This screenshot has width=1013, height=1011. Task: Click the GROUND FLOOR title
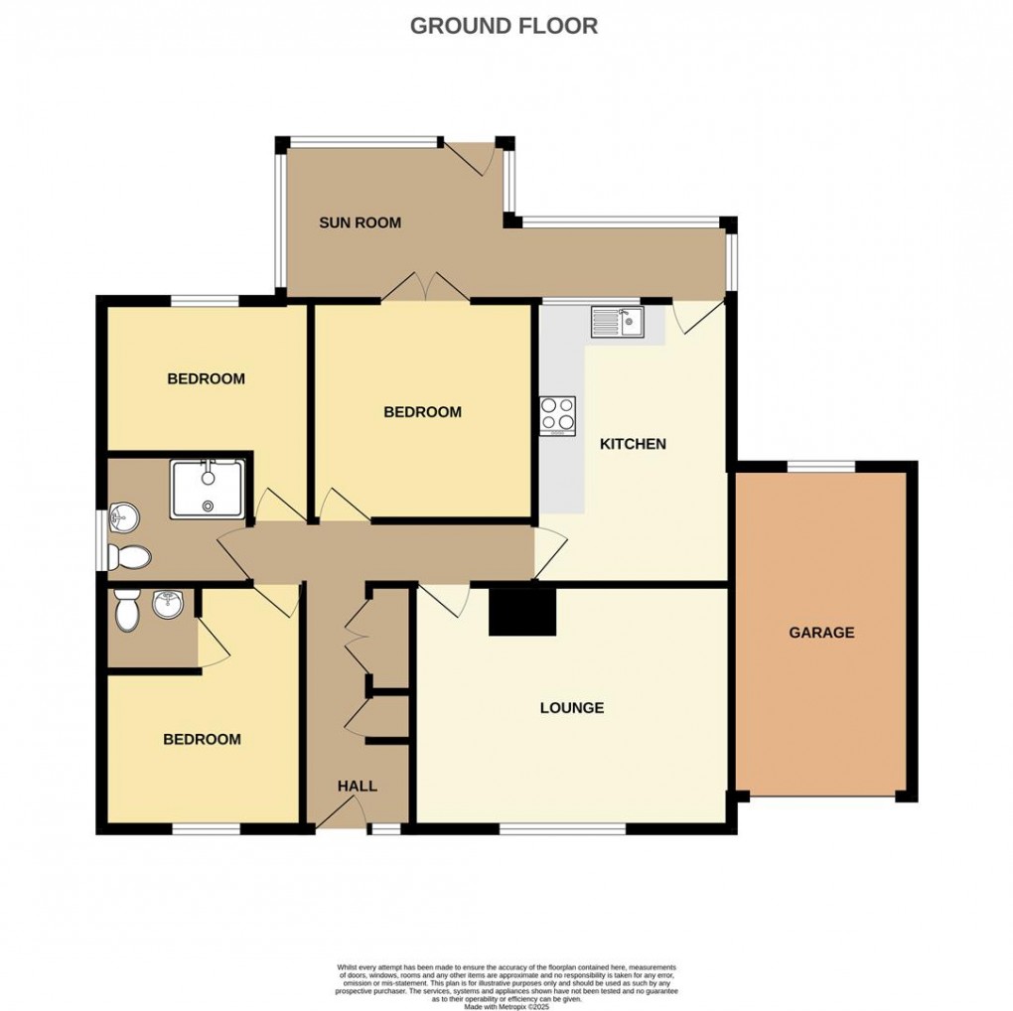point(504,26)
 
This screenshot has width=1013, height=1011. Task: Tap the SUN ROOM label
point(360,222)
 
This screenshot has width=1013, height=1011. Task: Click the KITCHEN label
point(633,444)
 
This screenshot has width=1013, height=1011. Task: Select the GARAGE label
point(821,632)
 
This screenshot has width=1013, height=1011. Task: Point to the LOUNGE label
point(572,708)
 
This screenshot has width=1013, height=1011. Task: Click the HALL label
point(358,786)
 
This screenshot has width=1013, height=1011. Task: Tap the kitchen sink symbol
point(618,321)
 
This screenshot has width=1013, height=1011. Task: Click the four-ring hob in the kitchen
point(558,415)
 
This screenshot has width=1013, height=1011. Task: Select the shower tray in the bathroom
point(208,489)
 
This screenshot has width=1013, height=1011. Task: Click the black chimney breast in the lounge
point(522,611)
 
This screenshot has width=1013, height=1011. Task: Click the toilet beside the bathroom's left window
point(130,557)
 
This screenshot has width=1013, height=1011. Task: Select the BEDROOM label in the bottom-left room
point(203,739)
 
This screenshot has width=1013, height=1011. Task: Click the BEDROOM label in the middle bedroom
point(423,411)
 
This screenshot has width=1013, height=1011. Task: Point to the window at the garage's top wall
point(820,466)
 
